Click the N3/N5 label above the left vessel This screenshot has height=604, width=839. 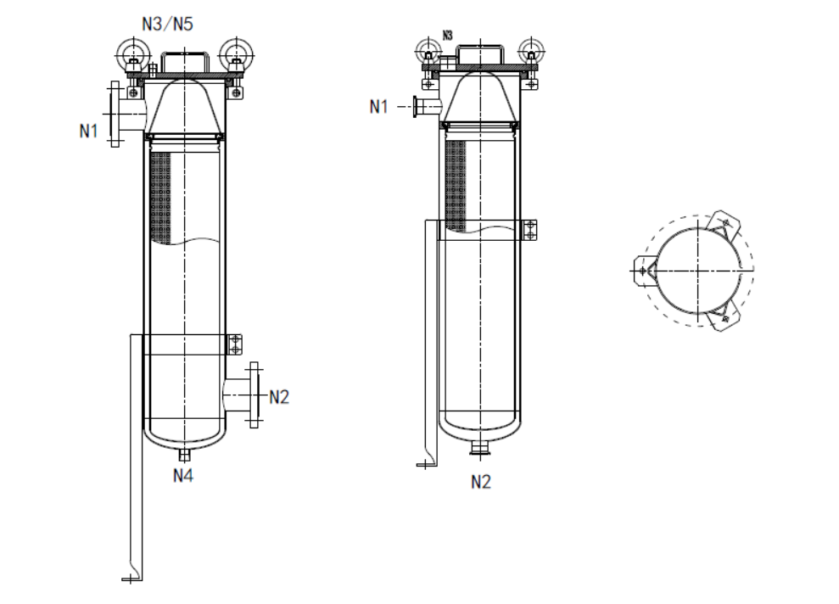(167, 25)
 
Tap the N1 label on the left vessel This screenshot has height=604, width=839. (90, 131)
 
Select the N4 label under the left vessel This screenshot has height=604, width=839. (184, 475)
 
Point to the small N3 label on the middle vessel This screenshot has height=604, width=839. (449, 36)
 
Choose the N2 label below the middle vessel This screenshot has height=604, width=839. (481, 482)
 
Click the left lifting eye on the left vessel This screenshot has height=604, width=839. (132, 51)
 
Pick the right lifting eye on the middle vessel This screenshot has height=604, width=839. (531, 48)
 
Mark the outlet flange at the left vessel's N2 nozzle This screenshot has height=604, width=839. (254, 394)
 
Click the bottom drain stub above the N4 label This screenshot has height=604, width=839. (184, 454)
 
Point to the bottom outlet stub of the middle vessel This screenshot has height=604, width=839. (481, 446)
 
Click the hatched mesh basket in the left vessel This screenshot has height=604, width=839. (159, 196)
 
